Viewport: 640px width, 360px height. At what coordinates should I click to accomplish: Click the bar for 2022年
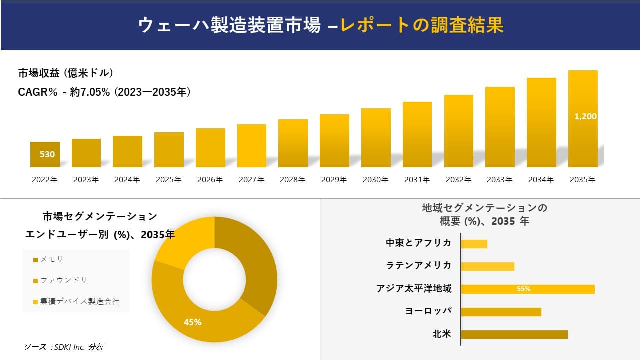[45, 155]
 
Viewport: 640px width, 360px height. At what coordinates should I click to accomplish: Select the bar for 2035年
[583, 119]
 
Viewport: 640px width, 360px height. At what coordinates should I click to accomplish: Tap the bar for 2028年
[293, 143]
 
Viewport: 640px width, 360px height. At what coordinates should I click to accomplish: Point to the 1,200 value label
[585, 116]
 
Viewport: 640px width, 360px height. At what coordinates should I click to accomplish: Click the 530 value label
[47, 154]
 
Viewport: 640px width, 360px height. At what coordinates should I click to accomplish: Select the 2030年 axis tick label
[375, 180]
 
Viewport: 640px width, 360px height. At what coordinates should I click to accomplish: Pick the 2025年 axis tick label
[168, 180]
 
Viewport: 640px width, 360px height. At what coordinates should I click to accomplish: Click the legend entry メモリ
[51, 259]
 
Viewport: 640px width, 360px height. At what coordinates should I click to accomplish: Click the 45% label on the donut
[192, 322]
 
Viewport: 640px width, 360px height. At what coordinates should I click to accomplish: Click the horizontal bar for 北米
[514, 334]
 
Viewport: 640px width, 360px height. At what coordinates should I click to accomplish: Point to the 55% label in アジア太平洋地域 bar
[523, 289]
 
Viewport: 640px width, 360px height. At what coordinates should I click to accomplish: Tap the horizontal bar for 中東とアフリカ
[474, 244]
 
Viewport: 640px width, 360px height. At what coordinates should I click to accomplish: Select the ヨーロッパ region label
[428, 311]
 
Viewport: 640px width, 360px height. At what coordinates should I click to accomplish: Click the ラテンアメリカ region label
[419, 265]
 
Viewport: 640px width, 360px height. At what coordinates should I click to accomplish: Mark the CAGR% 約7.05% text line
[104, 92]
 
